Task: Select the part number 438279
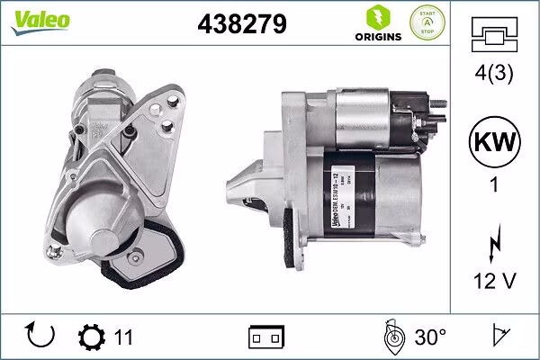[x=242, y=26]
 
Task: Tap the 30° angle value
[x=430, y=337]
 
